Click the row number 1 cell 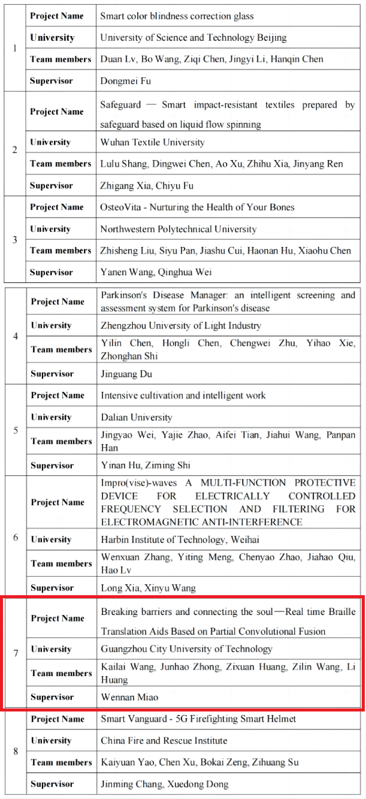click(x=14, y=48)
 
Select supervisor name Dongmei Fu click(x=126, y=80)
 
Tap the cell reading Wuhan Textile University click(x=152, y=142)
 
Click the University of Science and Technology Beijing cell click(x=193, y=37)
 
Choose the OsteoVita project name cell click(x=197, y=207)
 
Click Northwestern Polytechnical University click(x=178, y=229)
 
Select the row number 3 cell click(x=14, y=240)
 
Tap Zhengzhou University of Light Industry click(x=181, y=325)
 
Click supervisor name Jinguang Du click(x=126, y=374)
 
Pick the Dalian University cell click(x=136, y=417)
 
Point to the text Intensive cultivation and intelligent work click(x=183, y=396)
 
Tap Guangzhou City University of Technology click(x=186, y=649)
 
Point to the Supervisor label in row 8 click(x=52, y=784)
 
